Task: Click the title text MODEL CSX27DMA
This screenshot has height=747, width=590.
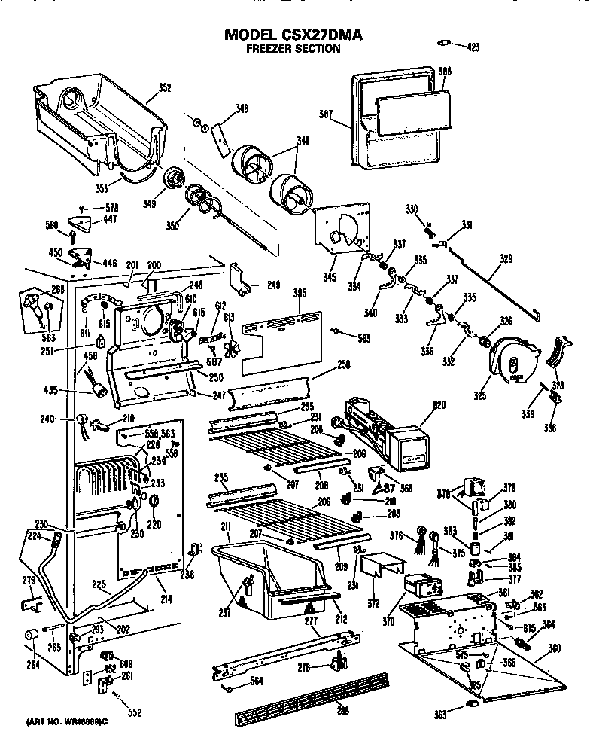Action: pyautogui.click(x=294, y=35)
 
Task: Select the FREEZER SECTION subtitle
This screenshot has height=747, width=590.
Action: pyautogui.click(x=294, y=49)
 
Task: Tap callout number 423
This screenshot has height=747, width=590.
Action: pyautogui.click(x=472, y=47)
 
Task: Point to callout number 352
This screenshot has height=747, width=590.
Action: pyautogui.click(x=164, y=88)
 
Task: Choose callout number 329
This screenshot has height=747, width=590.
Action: pyautogui.click(x=506, y=258)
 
